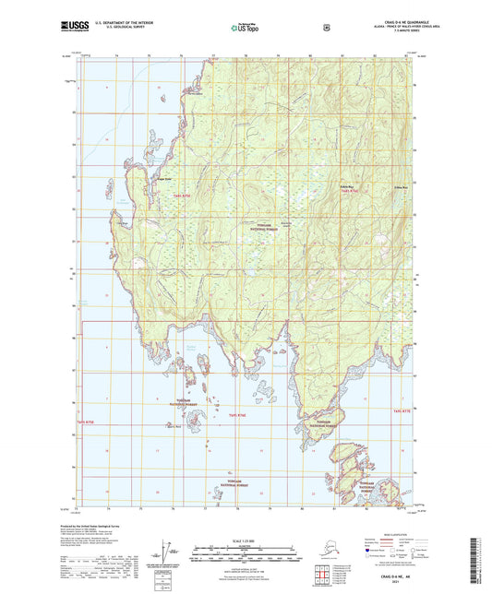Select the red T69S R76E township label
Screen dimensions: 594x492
(236, 415)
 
